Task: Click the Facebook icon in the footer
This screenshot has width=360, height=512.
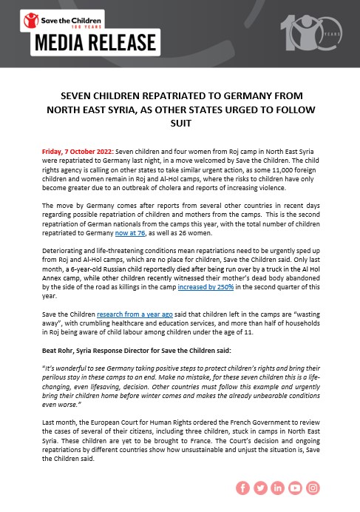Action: [x=242, y=488]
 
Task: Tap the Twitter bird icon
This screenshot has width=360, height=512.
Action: [x=260, y=488]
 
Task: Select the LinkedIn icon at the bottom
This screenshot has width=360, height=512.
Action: [x=278, y=488]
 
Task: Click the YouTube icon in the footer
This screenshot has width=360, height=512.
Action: [x=296, y=488]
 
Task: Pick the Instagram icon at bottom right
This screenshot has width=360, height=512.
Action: [x=313, y=488]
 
